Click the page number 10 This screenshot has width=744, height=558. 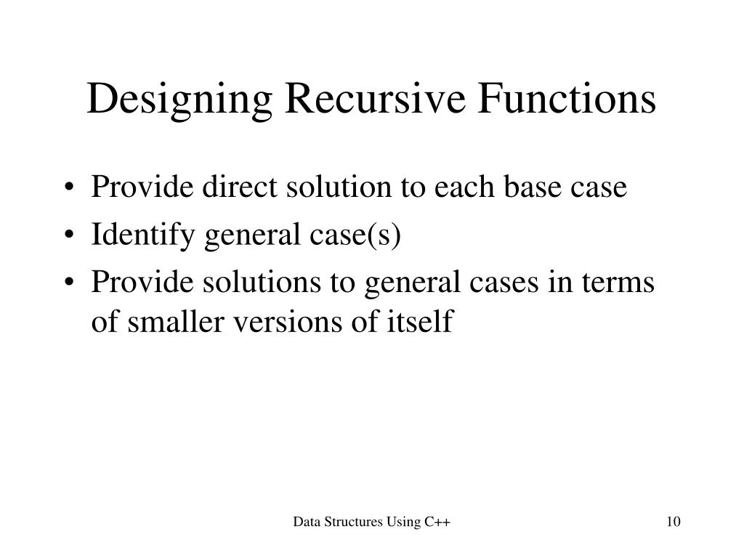pos(673,522)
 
